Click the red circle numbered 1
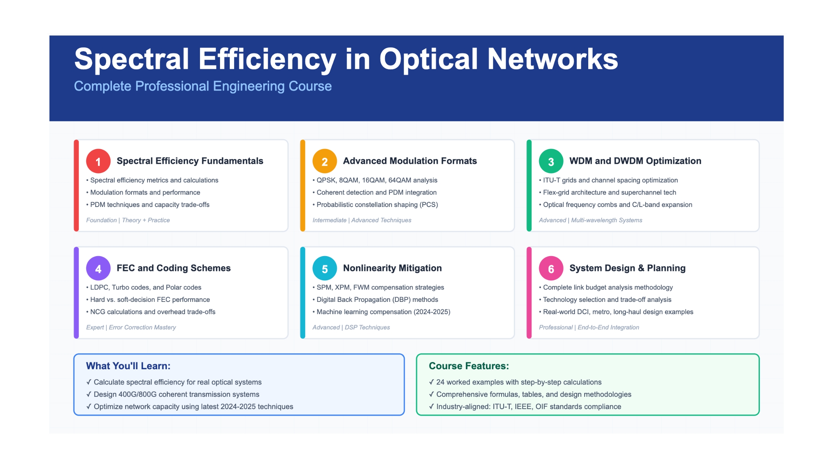(x=98, y=161)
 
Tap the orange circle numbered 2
(x=325, y=161)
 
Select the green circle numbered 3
(x=551, y=161)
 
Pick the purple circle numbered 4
(x=98, y=268)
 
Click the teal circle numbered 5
(x=325, y=268)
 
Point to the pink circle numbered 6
(x=551, y=268)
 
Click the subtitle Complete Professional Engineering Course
(x=203, y=86)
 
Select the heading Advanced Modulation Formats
(x=410, y=161)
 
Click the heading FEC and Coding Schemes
(x=174, y=268)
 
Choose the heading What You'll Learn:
(x=128, y=366)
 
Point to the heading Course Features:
(x=469, y=366)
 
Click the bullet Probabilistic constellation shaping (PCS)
(x=377, y=205)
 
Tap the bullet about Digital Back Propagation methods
(x=377, y=300)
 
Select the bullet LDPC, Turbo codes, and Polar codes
(x=146, y=287)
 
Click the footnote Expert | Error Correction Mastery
(x=131, y=328)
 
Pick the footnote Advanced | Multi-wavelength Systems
(x=591, y=220)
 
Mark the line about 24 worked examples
(x=519, y=382)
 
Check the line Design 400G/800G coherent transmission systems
(x=176, y=395)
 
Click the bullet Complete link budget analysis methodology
(x=608, y=287)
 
